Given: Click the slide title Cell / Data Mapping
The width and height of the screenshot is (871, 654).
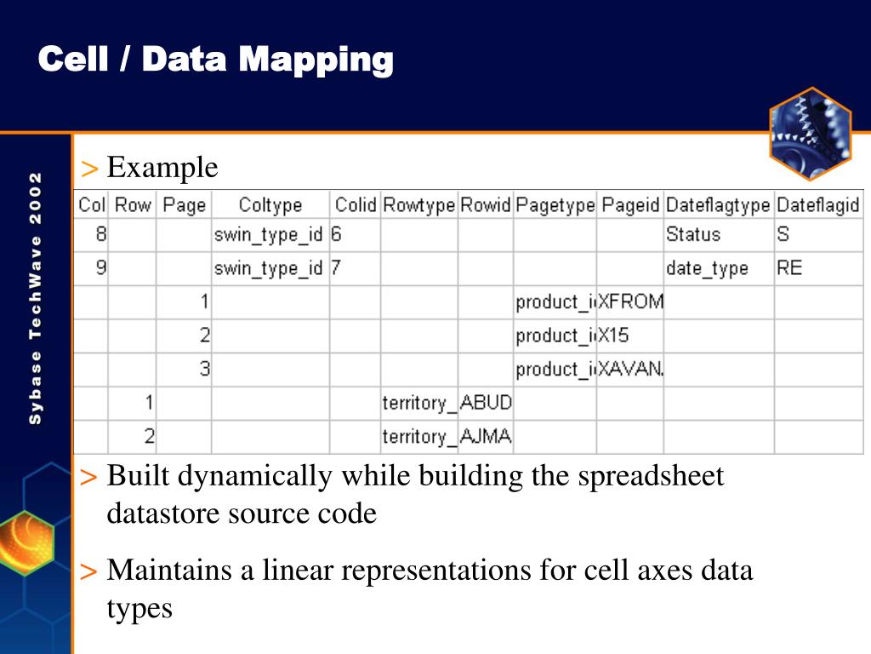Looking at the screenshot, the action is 216,60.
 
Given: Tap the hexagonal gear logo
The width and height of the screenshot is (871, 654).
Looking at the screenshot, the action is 810,134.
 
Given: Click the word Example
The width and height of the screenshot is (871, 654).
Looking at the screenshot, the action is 162,168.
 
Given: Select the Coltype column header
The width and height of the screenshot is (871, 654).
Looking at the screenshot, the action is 270,205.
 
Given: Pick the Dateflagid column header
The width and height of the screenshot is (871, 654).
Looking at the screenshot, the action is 818,205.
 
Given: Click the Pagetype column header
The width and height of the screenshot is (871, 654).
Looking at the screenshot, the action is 555,205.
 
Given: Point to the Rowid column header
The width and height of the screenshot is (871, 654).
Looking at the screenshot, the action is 486,205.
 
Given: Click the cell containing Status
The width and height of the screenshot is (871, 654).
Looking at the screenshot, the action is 693,234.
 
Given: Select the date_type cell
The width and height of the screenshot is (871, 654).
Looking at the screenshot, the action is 707,268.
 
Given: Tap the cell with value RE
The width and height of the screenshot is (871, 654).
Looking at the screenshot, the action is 789,268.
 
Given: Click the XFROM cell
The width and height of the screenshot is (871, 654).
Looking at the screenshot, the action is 630,301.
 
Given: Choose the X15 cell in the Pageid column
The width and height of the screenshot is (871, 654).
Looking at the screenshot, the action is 613,336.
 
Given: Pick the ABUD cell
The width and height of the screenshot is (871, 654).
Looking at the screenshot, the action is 486,403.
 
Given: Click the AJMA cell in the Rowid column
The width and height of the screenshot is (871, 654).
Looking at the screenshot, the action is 486,437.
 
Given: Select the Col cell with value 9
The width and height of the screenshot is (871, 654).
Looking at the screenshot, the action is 100,268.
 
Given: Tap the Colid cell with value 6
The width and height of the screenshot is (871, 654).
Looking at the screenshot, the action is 337,234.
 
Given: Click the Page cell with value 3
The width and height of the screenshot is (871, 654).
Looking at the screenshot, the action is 204,369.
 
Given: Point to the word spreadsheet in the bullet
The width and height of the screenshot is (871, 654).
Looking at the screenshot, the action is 651,476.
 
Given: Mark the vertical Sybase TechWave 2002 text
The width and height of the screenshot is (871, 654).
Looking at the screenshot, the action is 35,298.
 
